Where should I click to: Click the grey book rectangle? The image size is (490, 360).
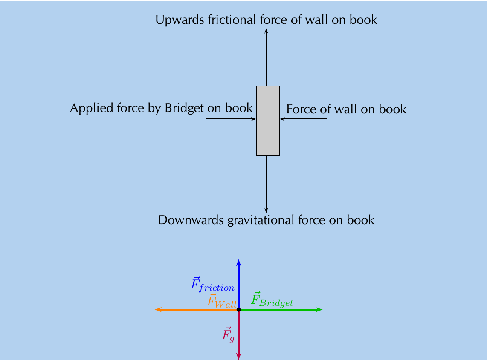[x=268, y=121]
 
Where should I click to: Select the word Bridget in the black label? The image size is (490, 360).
[x=184, y=109]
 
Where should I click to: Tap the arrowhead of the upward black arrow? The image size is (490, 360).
[x=266, y=31]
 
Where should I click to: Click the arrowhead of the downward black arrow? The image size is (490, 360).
[x=266, y=210]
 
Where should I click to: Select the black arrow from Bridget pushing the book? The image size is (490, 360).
[x=231, y=119]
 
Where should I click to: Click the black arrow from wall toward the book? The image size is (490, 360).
[x=303, y=119]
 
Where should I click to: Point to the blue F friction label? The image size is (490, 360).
[x=212, y=284]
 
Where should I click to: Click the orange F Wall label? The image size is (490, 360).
[x=222, y=301]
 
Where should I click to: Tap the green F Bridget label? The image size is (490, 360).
[x=272, y=299]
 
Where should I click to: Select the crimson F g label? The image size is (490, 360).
[x=228, y=335]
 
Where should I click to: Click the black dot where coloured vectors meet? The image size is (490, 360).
[x=239, y=310]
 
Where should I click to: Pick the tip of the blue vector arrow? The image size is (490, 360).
[x=239, y=260]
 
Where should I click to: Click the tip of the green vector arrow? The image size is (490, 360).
[x=322, y=310]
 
